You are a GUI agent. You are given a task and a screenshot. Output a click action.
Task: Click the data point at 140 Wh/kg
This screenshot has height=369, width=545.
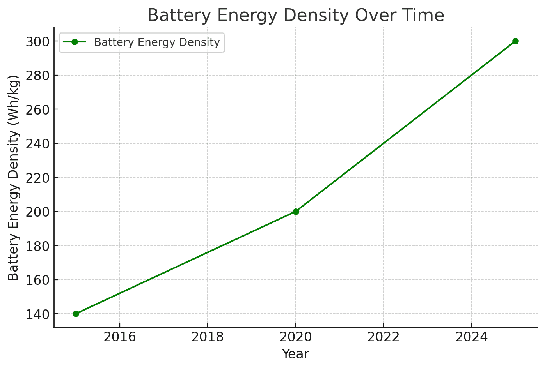pyautogui.click(x=76, y=314)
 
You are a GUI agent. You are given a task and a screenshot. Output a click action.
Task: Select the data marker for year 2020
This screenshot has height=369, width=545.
pyautogui.click(x=296, y=212)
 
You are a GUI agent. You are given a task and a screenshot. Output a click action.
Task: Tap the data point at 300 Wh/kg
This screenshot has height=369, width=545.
pyautogui.click(x=515, y=41)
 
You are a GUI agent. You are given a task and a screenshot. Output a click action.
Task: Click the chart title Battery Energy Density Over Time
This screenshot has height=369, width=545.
pyautogui.click(x=295, y=16)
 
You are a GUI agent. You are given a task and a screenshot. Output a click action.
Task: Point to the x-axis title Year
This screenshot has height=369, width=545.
pyautogui.click(x=295, y=354)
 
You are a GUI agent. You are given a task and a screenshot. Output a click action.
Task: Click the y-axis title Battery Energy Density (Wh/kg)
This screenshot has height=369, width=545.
pyautogui.click(x=14, y=177)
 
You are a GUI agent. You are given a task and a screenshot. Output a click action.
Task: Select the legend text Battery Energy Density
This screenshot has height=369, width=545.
pyautogui.click(x=157, y=42)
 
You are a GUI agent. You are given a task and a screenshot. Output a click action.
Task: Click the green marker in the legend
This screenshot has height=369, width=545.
pyautogui.click(x=75, y=42)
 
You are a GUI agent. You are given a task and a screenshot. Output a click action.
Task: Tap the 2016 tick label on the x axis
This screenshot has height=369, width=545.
pyautogui.click(x=119, y=337)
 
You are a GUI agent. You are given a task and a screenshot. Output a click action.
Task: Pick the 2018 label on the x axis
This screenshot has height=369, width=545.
pyautogui.click(x=208, y=337)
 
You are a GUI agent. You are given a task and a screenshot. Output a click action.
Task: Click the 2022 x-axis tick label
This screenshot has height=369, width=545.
pyautogui.click(x=383, y=337)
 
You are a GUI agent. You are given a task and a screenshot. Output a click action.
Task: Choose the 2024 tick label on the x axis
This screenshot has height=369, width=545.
pyautogui.click(x=472, y=337)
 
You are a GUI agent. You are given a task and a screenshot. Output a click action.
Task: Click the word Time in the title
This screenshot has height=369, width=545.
pyautogui.click(x=425, y=16)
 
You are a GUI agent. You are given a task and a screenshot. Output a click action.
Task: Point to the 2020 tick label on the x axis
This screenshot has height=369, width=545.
pyautogui.click(x=296, y=337)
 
